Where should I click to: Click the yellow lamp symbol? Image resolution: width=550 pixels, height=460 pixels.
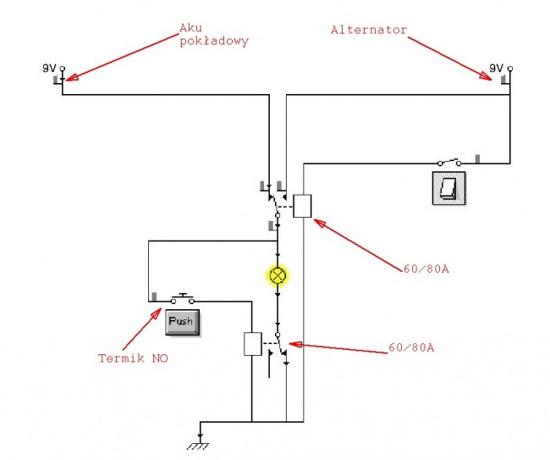click(278, 275)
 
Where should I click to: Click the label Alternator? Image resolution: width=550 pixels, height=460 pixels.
click(369, 30)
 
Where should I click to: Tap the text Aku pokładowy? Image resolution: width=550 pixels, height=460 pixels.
click(214, 35)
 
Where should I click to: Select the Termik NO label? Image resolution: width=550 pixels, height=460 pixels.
click(133, 358)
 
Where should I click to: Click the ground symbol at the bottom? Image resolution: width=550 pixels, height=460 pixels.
click(199, 443)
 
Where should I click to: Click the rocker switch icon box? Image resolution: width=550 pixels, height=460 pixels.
click(449, 188)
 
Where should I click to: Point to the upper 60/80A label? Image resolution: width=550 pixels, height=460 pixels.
click(426, 269)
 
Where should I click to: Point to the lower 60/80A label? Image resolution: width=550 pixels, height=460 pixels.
click(411, 347)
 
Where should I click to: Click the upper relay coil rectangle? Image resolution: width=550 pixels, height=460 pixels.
click(302, 206)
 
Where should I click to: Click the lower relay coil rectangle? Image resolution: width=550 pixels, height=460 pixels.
click(252, 344)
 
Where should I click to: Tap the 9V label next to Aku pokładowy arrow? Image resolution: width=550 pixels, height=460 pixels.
click(49, 68)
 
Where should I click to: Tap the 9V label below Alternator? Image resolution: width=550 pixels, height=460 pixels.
click(497, 68)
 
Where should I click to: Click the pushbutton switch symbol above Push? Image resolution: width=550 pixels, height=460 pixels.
click(183, 299)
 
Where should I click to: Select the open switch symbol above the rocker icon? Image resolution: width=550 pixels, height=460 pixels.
click(449, 162)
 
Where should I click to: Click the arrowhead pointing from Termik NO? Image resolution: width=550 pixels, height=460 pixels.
click(156, 313)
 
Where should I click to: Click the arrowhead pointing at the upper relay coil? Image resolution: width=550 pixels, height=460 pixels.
click(319, 223)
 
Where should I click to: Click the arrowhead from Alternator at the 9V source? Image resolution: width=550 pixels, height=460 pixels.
click(487, 76)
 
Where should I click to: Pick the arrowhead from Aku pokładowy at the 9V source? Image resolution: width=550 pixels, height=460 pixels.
click(72, 77)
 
